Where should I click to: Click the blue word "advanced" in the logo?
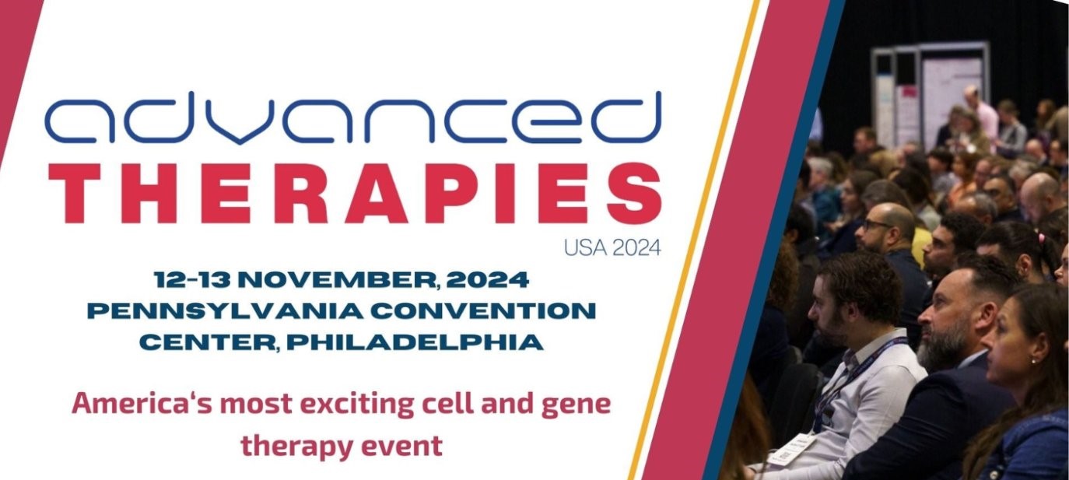click(x=353, y=117)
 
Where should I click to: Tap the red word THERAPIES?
click(x=356, y=194)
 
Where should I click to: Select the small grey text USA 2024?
click(x=613, y=248)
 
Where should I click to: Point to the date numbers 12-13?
click(x=192, y=280)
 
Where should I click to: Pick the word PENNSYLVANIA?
click(x=226, y=311)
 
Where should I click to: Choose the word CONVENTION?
click(x=484, y=311)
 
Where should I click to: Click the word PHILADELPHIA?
click(x=415, y=342)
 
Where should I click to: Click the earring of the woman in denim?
click(x=1032, y=361)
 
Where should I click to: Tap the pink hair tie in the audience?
click(x=1041, y=237)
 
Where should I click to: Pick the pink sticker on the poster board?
click(x=906, y=92)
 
